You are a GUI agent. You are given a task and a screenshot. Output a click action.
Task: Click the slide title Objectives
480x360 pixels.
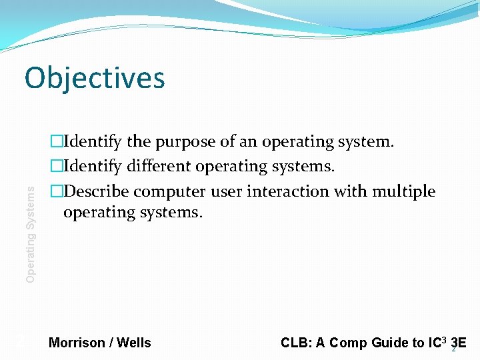click(x=95, y=77)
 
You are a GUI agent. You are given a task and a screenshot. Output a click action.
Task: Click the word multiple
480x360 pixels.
click(x=403, y=191)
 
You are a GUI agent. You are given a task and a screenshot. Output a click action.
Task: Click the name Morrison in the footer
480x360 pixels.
click(x=77, y=343)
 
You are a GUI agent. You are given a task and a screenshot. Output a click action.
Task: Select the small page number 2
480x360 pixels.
click(x=454, y=349)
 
